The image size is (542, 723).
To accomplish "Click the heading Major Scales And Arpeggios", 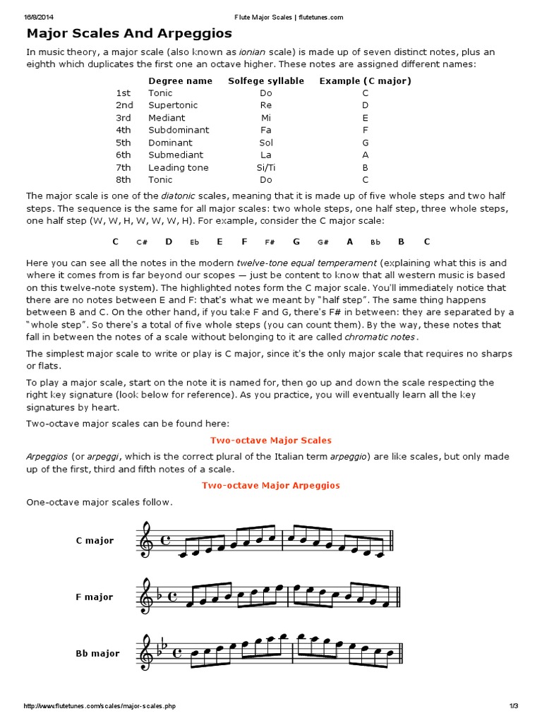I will (x=129, y=33).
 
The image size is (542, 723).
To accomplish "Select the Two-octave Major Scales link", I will (x=271, y=440).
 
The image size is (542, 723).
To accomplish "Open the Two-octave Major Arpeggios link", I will (x=271, y=485).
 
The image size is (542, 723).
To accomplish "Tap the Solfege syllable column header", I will (x=266, y=80).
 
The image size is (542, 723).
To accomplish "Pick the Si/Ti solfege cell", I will (x=266, y=167).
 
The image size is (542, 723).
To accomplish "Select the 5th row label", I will (x=124, y=143).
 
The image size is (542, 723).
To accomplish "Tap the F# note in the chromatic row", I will (x=270, y=242).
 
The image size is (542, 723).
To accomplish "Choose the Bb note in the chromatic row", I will (x=375, y=242).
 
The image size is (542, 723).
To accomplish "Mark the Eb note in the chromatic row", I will (x=194, y=242).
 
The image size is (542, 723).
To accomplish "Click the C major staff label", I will (x=95, y=541).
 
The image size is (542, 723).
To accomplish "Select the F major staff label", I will (x=95, y=597).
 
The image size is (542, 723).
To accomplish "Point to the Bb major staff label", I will (x=97, y=654).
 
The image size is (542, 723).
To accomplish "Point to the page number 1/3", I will (x=513, y=706).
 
